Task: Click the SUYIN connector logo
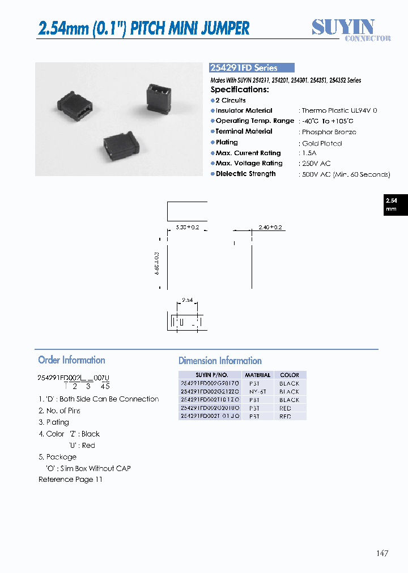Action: [x=351, y=29]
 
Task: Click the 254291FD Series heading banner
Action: [x=252, y=67]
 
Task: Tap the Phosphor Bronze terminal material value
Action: [x=329, y=132]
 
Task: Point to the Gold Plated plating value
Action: [x=321, y=143]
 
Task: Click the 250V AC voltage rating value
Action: [x=316, y=164]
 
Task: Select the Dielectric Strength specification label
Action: [x=245, y=174]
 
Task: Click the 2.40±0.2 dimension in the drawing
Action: [x=270, y=227]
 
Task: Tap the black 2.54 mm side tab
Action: [x=391, y=204]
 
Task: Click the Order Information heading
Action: [x=71, y=360]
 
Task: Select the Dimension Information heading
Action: [x=220, y=361]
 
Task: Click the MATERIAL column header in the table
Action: [x=257, y=375]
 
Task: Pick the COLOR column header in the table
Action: [x=289, y=375]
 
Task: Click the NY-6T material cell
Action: [x=257, y=391]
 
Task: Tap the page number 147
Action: [x=382, y=553]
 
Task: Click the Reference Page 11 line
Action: [x=70, y=480]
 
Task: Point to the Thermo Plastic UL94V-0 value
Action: [x=339, y=111]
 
